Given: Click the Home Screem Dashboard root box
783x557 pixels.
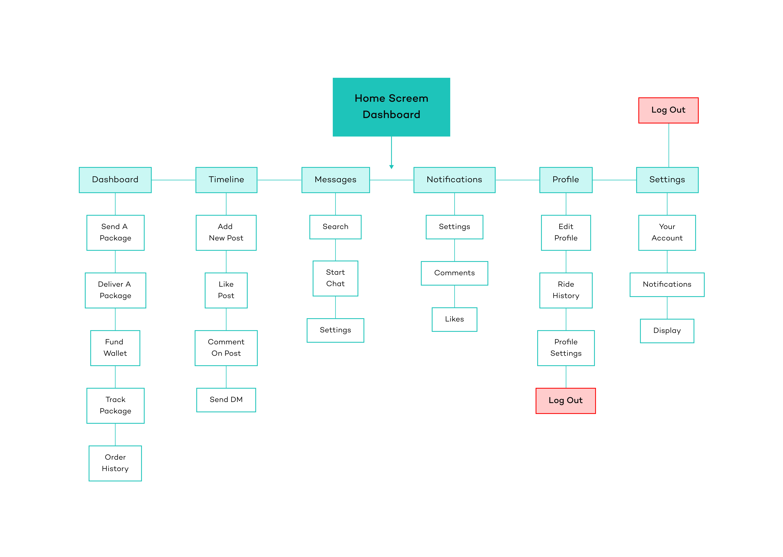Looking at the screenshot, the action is pos(391,107).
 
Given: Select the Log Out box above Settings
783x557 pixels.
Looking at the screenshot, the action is pos(668,110).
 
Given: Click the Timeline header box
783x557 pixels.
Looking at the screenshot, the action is pos(226,180).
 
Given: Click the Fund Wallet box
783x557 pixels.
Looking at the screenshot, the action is pos(115,348).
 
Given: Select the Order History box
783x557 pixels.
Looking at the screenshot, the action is pos(115,463).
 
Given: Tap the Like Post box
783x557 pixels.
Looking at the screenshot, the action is pos(226,290).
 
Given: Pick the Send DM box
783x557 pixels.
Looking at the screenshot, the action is pos(226,400).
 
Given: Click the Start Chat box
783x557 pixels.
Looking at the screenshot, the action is pos(335,278).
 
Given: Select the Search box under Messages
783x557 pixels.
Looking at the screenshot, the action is pos(335,227).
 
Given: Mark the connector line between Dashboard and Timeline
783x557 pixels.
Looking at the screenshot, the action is pos(173,180).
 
